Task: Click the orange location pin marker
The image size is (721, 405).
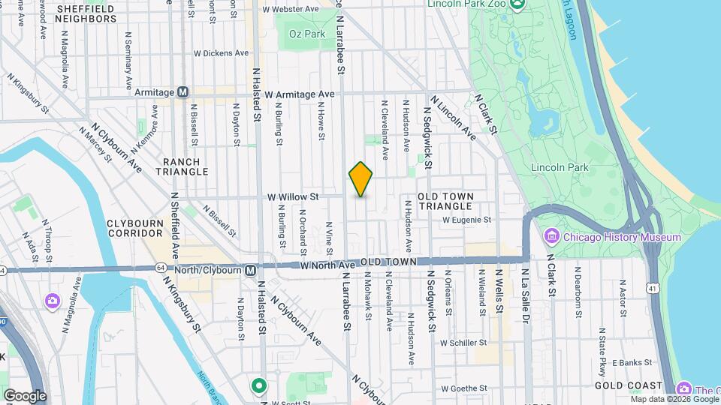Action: click(x=360, y=179)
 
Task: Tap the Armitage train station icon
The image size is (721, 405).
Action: click(x=182, y=92)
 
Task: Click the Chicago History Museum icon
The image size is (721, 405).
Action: click(x=552, y=237)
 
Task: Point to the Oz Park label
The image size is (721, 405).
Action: click(x=309, y=34)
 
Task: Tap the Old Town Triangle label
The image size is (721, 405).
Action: click(x=446, y=201)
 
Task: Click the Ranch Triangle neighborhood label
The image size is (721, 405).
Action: click(x=182, y=166)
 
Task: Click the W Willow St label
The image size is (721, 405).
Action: click(x=294, y=196)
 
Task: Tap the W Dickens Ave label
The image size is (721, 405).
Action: click(x=221, y=53)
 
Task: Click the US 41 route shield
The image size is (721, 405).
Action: click(x=652, y=287)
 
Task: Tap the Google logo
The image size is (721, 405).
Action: click(x=25, y=395)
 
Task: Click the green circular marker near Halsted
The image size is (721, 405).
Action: click(x=259, y=386)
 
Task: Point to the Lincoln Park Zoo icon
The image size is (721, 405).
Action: click(x=517, y=4)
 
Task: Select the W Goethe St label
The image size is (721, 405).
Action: click(x=465, y=388)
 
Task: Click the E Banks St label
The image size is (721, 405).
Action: click(x=630, y=362)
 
